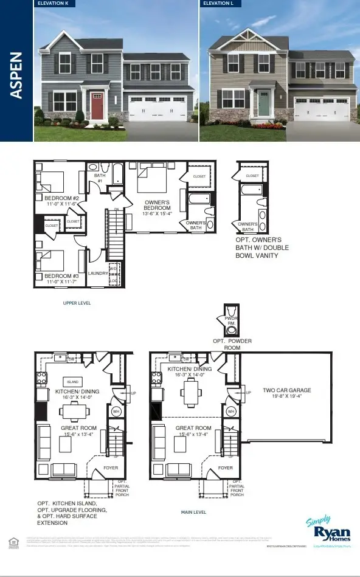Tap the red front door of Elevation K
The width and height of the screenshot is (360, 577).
click(x=98, y=105)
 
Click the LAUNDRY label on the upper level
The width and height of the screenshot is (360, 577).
click(x=97, y=274)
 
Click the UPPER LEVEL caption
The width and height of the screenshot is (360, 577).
click(x=77, y=302)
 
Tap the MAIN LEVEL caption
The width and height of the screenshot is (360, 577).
click(x=193, y=513)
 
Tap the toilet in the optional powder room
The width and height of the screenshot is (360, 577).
click(x=231, y=330)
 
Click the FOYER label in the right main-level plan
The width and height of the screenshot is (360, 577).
click(x=226, y=468)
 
